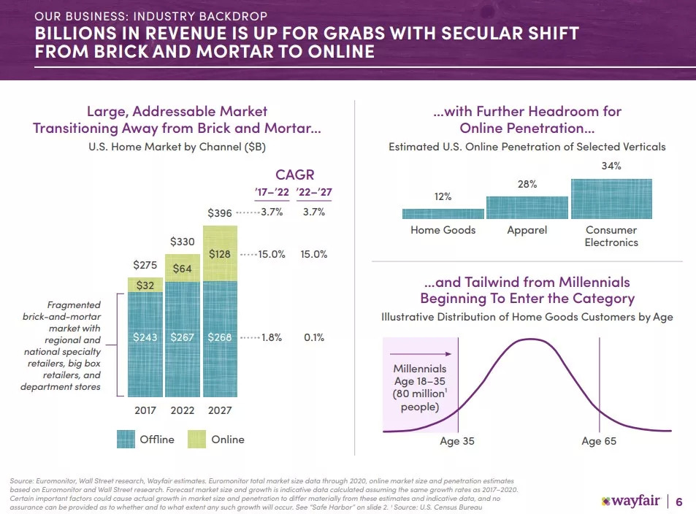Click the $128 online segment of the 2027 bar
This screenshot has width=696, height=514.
point(220,253)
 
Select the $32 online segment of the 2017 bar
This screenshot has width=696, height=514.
point(145,285)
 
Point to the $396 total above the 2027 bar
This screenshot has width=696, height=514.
point(220,213)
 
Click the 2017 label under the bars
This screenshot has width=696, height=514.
point(146,410)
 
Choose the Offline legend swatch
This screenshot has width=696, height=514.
point(127,439)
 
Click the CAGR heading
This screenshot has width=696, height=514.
point(294,174)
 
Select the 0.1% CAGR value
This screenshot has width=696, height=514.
point(313,337)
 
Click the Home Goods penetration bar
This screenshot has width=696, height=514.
point(443,214)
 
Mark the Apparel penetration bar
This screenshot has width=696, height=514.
point(527,207)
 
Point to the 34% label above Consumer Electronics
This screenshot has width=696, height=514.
point(611,166)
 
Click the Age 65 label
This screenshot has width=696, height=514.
point(599,441)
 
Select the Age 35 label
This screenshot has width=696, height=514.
point(457,441)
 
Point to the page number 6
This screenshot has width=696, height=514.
point(679,502)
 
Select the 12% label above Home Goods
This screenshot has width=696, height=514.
point(443,196)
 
